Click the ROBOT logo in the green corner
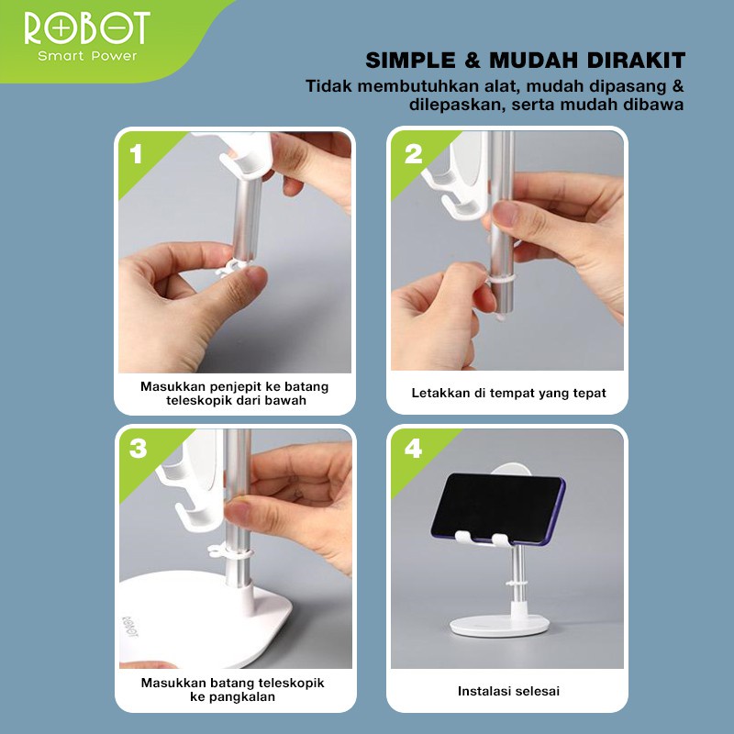[87, 28]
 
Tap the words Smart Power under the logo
[87, 56]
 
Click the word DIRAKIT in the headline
[636, 61]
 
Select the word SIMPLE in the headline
[410, 61]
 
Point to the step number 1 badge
[136, 154]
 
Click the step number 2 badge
[414, 154]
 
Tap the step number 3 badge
[139, 448]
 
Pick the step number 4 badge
[414, 448]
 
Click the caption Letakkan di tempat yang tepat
[508, 394]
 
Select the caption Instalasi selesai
[508, 691]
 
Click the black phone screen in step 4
[497, 508]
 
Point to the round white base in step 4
[499, 625]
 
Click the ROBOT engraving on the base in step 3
[130, 627]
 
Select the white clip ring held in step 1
[233, 269]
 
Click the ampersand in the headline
[473, 61]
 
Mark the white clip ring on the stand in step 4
[516, 584]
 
